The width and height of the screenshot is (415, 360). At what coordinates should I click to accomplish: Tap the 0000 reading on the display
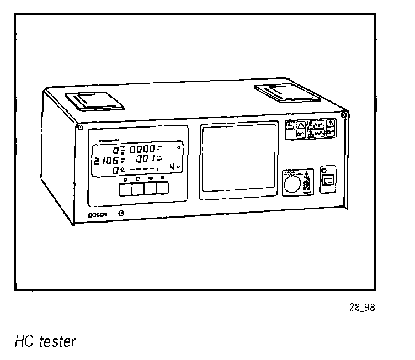point(142,150)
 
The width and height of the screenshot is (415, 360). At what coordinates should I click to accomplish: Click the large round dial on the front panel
point(294,182)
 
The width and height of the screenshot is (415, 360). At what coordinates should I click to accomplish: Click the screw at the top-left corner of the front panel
point(80,128)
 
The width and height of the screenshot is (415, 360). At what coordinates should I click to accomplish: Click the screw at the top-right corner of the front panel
point(344,115)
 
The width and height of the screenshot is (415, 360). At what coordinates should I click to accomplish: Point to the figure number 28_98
point(361,308)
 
